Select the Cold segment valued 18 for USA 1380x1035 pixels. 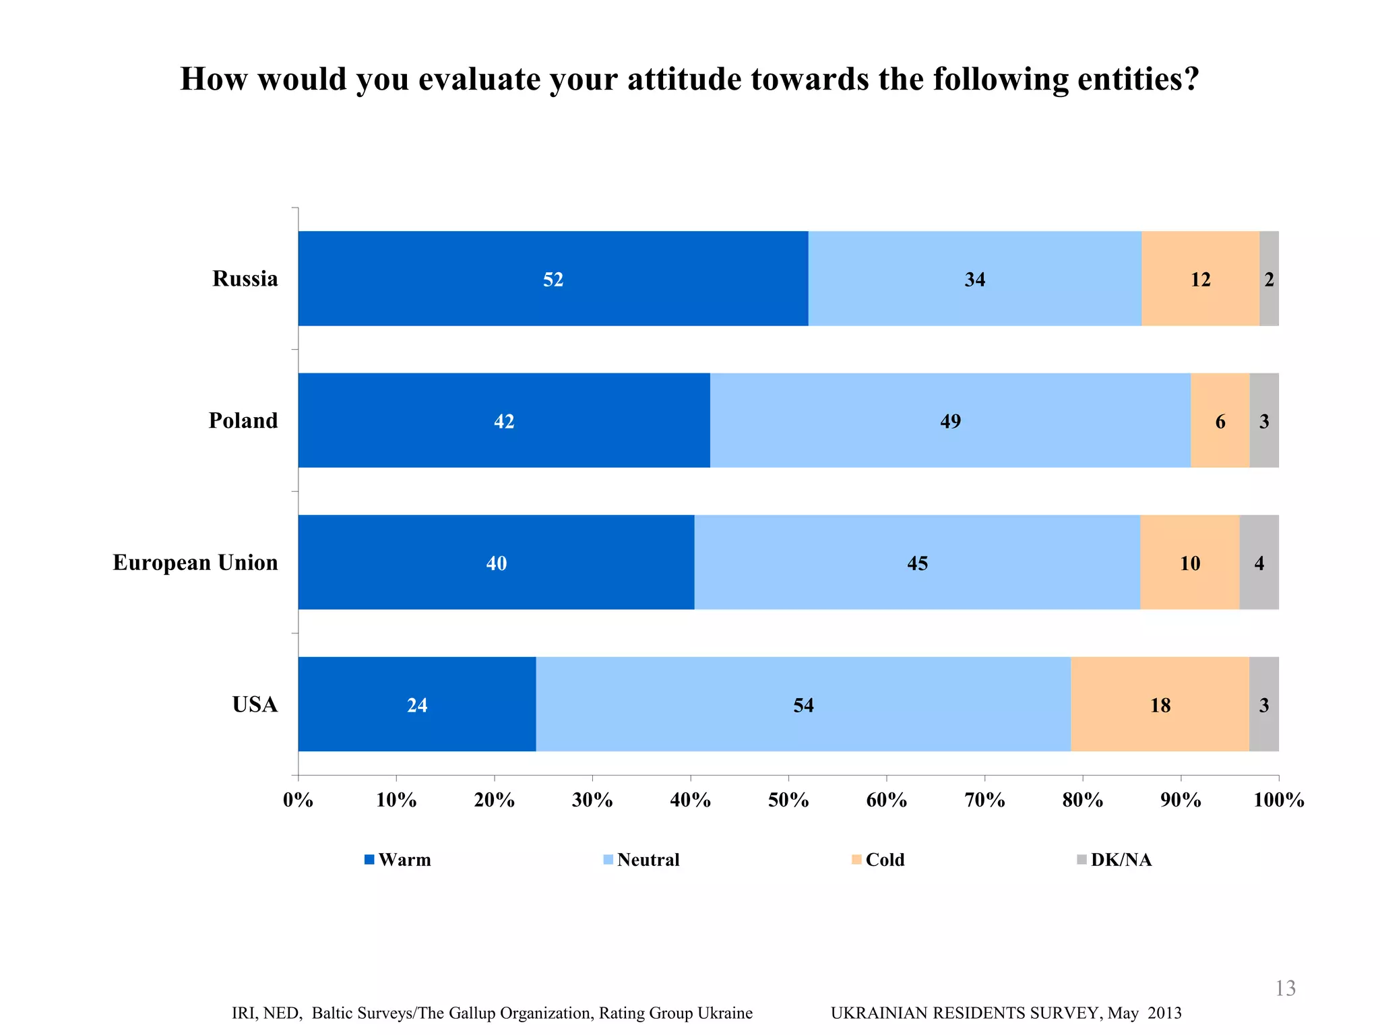(1160, 704)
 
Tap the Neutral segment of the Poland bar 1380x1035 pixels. (876, 420)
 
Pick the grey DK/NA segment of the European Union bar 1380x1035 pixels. (1259, 563)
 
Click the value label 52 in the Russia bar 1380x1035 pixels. (553, 279)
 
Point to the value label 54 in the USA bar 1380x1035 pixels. (803, 705)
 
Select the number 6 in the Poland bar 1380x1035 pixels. (1220, 422)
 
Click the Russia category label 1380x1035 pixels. (245, 278)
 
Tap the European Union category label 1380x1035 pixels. (195, 562)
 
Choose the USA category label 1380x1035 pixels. (255, 704)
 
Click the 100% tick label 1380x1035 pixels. (1278, 800)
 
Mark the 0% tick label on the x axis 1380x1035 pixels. (298, 800)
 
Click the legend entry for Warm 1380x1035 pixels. (404, 860)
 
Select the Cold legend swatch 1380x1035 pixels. (856, 860)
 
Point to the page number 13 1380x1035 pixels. (1285, 988)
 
